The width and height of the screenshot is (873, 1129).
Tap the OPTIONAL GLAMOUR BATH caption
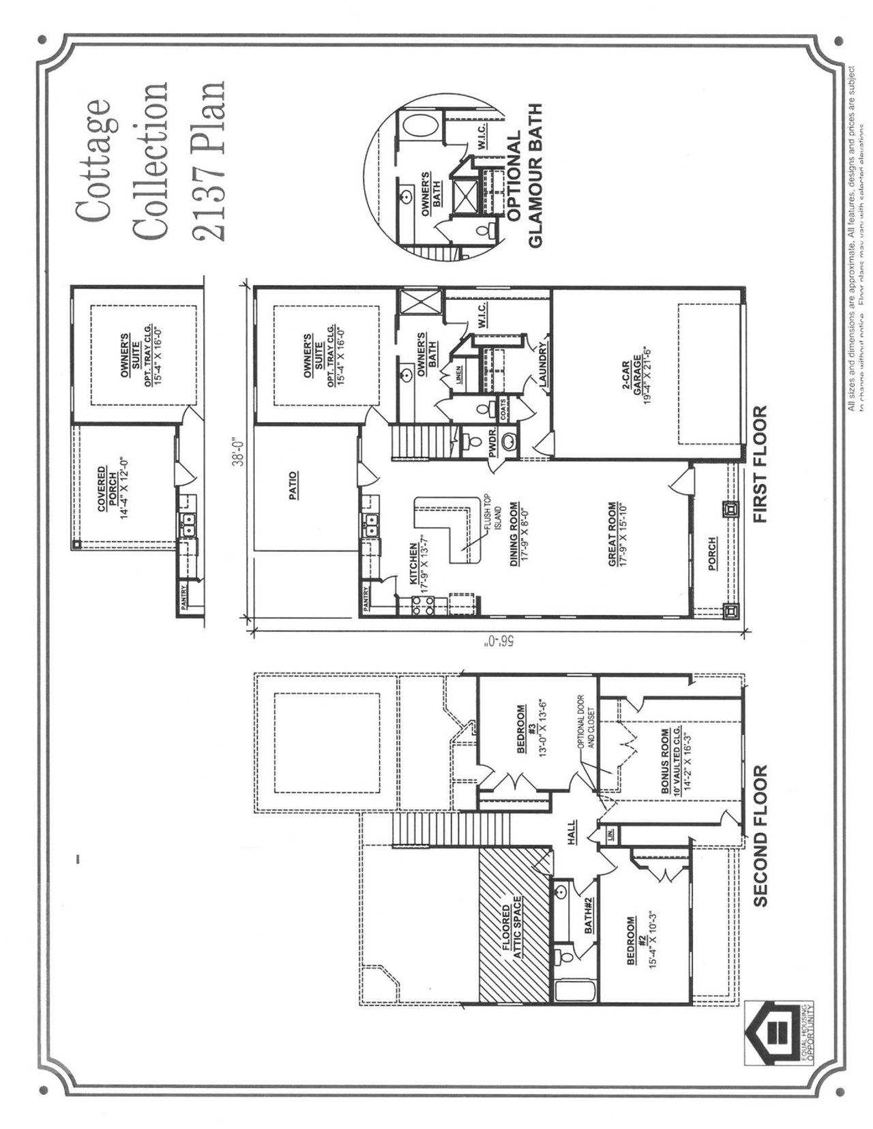click(x=525, y=176)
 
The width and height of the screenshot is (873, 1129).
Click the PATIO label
click(x=293, y=486)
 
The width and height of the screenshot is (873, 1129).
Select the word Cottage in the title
click(x=93, y=160)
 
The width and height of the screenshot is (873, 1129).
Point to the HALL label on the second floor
click(x=570, y=832)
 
